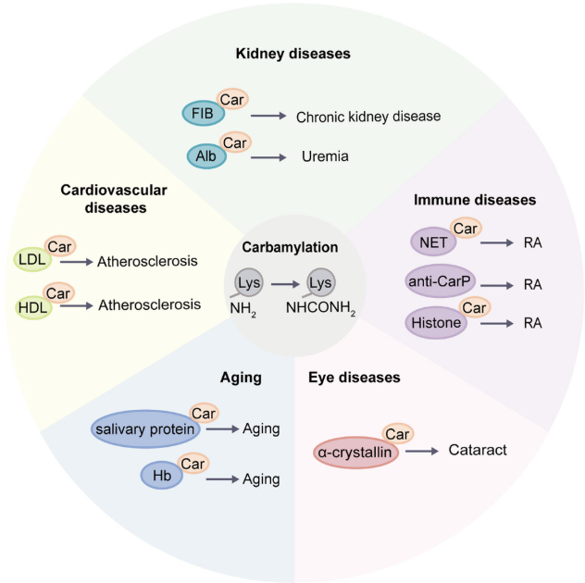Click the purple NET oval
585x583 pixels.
pyautogui.click(x=429, y=242)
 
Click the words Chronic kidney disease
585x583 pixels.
pyautogui.click(x=367, y=117)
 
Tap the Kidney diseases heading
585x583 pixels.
pyautogui.click(x=292, y=54)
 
